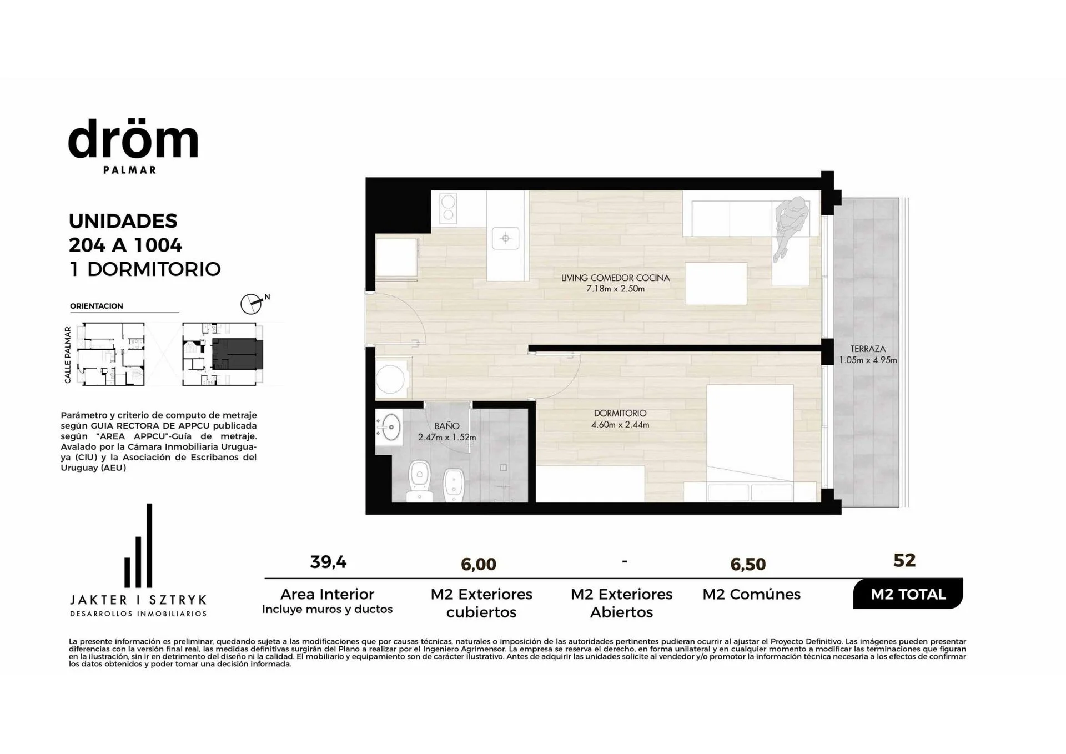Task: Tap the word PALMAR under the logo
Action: point(130,170)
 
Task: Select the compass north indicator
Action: point(252,304)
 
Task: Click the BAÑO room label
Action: point(447,426)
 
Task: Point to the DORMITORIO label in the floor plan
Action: point(620,413)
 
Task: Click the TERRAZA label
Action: point(868,349)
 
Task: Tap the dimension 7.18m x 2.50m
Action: point(615,289)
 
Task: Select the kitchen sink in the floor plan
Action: point(506,238)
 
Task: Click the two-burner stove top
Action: point(448,208)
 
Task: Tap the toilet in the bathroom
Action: point(420,482)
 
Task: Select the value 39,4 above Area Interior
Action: point(328,562)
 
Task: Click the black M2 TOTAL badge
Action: point(908,594)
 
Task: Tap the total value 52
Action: point(904,560)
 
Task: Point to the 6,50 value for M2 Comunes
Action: point(748,564)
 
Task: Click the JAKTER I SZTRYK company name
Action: point(138,600)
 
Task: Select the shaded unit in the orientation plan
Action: point(237,354)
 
